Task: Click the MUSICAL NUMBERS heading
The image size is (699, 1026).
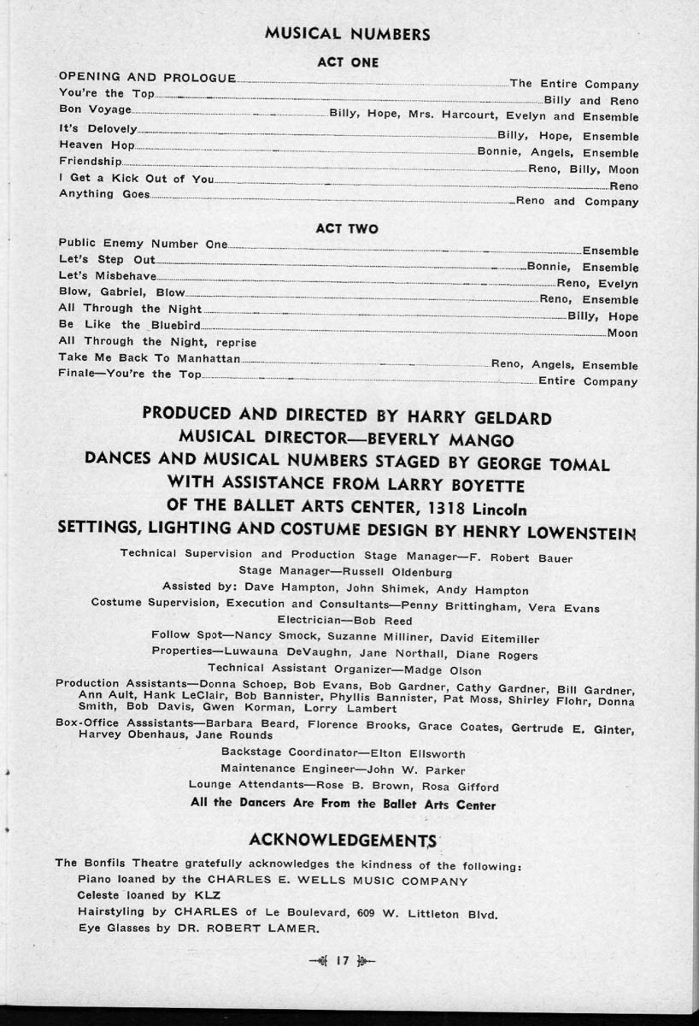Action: coord(347,34)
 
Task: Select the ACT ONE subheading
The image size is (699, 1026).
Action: coord(347,62)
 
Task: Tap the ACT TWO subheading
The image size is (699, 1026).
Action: coord(347,229)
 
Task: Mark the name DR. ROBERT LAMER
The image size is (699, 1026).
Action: coord(240,929)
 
